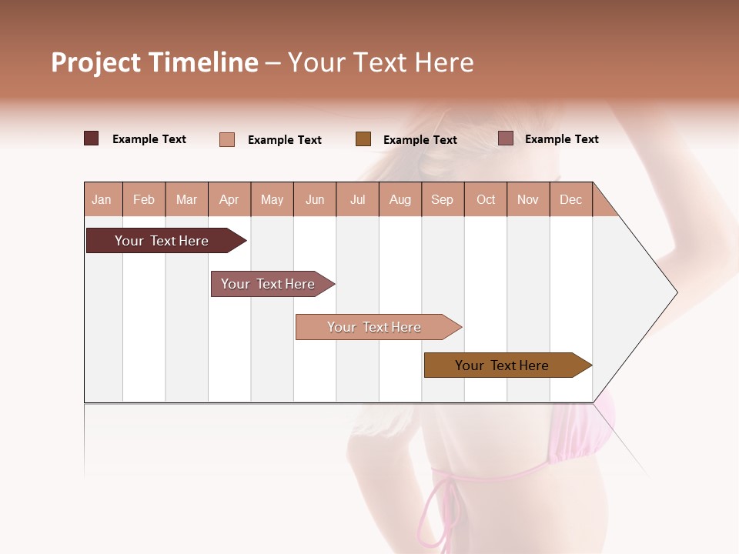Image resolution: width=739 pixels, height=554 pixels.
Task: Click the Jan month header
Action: pos(102,200)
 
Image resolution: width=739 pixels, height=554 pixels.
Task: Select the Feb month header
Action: pos(144,200)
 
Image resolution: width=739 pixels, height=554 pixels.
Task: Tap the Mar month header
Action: pos(186,200)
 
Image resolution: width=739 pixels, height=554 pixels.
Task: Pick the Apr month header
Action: pos(229,200)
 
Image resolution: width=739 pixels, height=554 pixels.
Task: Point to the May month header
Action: pos(272,200)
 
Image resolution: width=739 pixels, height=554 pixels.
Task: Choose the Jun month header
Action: pos(315,200)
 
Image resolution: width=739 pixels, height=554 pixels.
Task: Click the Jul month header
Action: pos(357,200)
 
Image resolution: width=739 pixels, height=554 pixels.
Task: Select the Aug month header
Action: pos(400,200)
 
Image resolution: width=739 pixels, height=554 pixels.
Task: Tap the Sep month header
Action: pos(442,200)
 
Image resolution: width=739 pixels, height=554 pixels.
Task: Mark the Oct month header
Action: pos(486,200)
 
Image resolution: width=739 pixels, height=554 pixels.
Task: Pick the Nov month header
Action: pos(528,200)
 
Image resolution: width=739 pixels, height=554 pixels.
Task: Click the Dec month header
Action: pos(570,200)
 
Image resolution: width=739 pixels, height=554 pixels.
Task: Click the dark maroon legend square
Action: pos(91,138)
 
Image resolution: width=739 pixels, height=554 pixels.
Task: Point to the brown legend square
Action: pos(363,139)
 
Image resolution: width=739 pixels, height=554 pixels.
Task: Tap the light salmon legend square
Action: pos(227,139)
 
